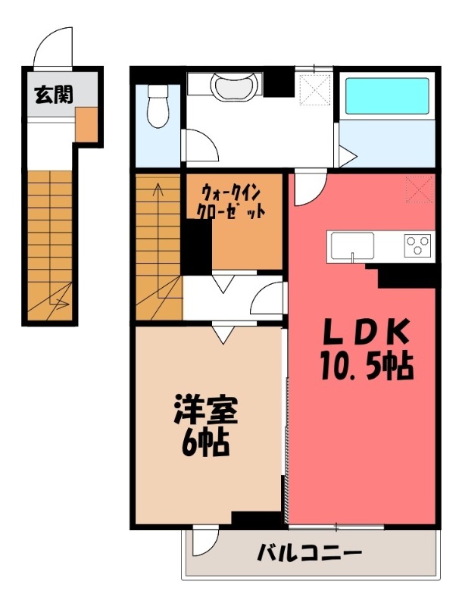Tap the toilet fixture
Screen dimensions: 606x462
(158, 105)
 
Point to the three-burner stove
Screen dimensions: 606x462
(417, 245)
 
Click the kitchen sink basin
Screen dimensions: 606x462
(352, 245)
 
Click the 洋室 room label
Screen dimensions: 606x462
(206, 411)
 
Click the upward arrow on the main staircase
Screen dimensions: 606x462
(158, 193)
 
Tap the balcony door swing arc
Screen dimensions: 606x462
(203, 541)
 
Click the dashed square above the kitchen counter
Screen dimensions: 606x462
(417, 187)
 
